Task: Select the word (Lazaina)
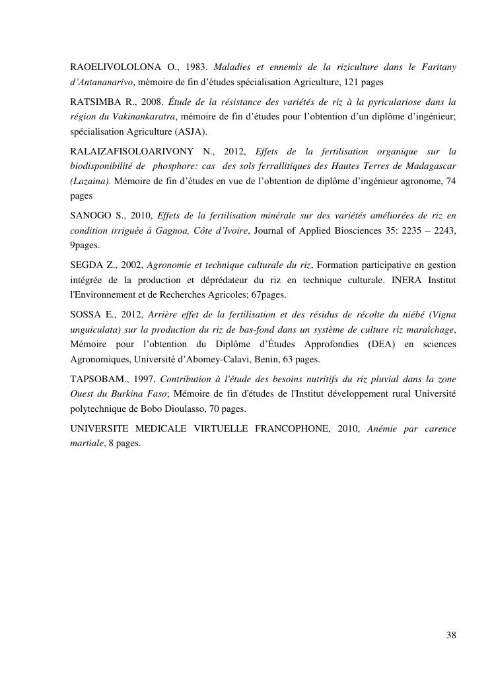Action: (x=90, y=180)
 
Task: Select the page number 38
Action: (x=451, y=636)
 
